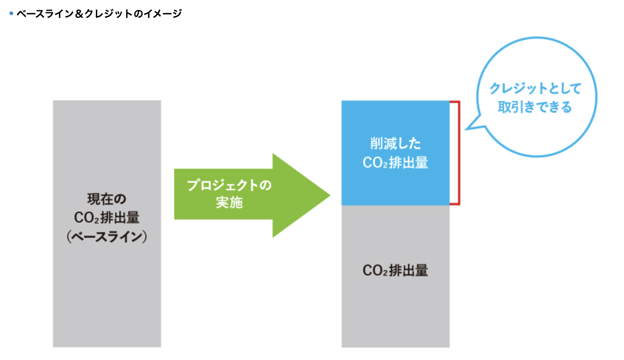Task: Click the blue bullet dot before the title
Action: point(11,14)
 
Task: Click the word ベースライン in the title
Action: point(45,14)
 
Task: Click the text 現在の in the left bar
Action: point(107,199)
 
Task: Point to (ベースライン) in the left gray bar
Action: point(107,236)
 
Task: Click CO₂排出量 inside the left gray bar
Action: point(107,218)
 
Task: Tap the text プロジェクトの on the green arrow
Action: point(229,185)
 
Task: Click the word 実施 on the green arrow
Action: point(229,203)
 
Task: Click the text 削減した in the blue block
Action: point(395,144)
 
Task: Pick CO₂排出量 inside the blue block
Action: point(395,162)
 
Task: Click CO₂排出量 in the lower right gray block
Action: point(395,270)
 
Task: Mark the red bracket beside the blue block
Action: point(458,153)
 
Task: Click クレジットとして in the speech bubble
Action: point(535,89)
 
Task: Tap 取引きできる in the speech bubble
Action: point(535,107)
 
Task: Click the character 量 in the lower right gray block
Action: point(422,270)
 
